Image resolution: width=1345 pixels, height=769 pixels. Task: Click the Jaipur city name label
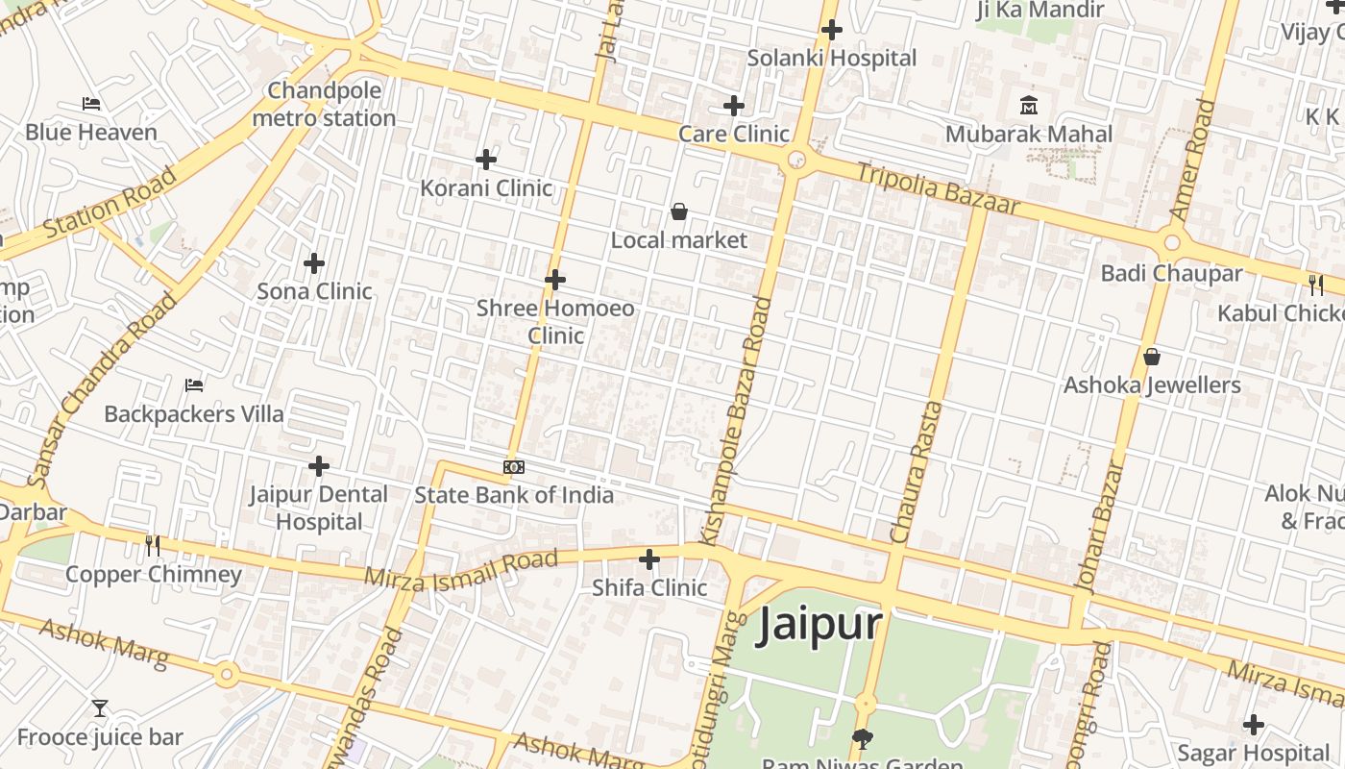819,625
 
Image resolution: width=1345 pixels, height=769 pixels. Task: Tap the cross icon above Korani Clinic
486,159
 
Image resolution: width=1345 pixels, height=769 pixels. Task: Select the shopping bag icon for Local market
679,211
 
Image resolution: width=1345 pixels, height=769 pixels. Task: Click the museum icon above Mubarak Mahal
1029,105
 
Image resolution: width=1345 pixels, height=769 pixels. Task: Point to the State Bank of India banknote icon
514,467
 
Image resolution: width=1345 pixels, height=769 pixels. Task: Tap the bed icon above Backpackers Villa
194,385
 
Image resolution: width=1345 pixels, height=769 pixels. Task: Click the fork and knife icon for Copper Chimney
153,546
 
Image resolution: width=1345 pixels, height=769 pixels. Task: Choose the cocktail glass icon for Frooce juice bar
100,709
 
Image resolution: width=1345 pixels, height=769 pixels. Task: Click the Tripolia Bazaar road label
937,189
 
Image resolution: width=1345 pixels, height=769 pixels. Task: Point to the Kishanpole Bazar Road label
748,422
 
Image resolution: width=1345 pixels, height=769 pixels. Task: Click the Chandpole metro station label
324,105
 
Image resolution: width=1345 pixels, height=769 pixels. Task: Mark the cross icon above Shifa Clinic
649,558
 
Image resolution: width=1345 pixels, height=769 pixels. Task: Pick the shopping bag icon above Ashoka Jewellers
1152,358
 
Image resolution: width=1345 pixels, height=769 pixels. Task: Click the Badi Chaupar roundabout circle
1171,242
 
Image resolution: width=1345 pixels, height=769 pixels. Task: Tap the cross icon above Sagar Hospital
1253,725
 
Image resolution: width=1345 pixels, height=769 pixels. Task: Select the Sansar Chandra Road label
102,389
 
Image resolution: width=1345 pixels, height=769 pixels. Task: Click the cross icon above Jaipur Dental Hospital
319,467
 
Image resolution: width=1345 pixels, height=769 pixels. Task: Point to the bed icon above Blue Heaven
91,104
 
